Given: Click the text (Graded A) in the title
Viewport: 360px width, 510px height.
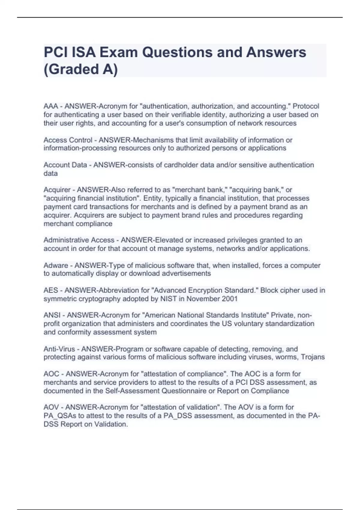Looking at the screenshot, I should [x=81, y=69].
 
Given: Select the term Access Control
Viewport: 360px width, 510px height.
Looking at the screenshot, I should [x=68, y=140].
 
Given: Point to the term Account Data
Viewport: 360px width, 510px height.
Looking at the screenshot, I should [x=65, y=165].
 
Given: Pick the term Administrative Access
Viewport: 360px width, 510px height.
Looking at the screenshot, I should [x=79, y=240].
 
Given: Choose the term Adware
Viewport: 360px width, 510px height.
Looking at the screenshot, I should [x=56, y=265].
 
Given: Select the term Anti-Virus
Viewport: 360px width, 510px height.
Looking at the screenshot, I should [x=59, y=349].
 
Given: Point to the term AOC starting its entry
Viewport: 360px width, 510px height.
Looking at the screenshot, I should [x=51, y=374].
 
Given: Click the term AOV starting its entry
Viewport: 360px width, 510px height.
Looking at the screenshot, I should [x=51, y=407].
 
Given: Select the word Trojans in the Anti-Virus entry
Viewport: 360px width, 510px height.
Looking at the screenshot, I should [x=313, y=357].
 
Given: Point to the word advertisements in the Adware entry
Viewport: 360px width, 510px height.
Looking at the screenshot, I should [x=186, y=274].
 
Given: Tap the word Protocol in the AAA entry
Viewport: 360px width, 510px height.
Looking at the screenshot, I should [x=306, y=106].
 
